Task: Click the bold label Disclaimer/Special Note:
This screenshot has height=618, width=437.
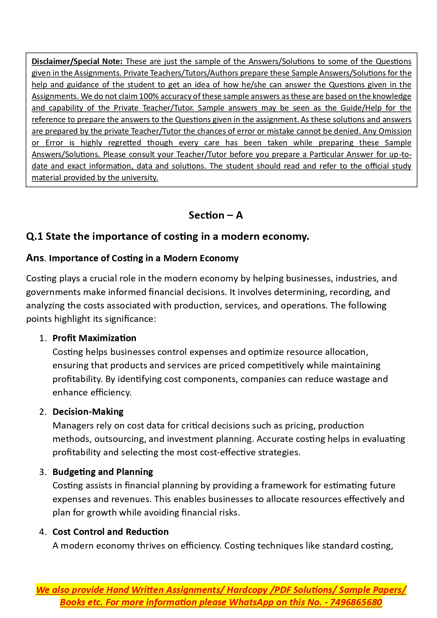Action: pyautogui.click(x=77, y=61)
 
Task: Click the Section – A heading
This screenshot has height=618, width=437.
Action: pyautogui.click(x=216, y=215)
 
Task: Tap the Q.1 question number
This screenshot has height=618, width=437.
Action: pyautogui.click(x=35, y=236)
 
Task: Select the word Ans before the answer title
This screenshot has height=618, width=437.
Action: pyautogui.click(x=35, y=258)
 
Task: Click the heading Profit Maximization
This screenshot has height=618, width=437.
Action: pyautogui.click(x=94, y=338)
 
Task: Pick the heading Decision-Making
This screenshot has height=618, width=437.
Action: pyautogui.click(x=88, y=412)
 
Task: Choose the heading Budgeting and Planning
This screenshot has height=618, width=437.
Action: pyautogui.click(x=103, y=472)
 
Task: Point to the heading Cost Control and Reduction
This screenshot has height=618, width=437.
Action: pyautogui.click(x=111, y=532)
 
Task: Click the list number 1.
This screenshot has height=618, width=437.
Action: pyautogui.click(x=43, y=338)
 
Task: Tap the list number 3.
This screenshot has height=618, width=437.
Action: pyautogui.click(x=43, y=472)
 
